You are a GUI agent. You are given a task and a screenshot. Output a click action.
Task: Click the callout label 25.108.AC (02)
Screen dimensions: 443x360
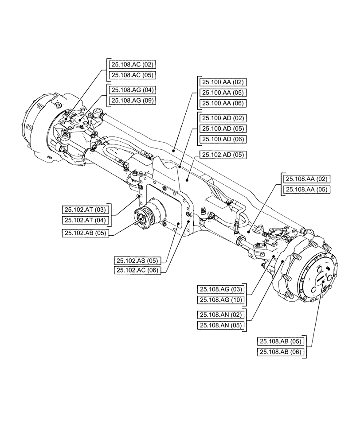[x=129, y=64]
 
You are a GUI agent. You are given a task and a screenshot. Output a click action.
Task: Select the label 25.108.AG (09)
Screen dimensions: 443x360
[x=129, y=101]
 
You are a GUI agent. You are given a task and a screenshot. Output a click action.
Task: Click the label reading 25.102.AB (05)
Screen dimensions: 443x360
[x=83, y=233]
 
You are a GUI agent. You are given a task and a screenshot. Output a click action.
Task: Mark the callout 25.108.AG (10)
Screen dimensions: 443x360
[x=220, y=300]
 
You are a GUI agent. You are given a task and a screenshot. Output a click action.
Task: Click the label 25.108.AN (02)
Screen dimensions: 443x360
[x=220, y=315]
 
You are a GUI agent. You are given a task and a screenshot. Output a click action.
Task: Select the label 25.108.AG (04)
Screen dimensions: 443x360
[x=129, y=90]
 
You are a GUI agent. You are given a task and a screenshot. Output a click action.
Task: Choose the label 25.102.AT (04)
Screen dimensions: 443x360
[x=83, y=220]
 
